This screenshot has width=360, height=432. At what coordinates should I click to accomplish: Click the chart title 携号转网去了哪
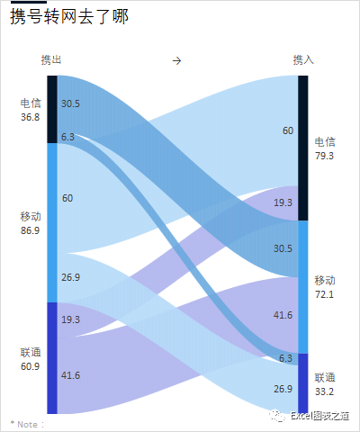pos(68,17)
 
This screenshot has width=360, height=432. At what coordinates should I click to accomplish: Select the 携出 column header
pos(51,59)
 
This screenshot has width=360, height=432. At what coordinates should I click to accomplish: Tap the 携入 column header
pos(303,59)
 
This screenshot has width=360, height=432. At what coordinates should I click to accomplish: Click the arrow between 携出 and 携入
pos(177,60)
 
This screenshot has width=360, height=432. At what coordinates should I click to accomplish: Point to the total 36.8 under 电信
pos(31,116)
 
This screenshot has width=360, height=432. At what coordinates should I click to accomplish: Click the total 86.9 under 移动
pos(31,230)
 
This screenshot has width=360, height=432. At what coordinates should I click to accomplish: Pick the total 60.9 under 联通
pos(31,366)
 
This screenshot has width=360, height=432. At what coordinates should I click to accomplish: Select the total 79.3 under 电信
pos(325,156)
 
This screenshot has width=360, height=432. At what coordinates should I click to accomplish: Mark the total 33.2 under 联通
pos(325,391)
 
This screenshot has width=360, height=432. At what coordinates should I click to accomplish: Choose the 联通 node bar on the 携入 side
pos(303,382)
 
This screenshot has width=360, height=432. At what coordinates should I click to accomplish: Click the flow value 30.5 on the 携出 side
pos(71,103)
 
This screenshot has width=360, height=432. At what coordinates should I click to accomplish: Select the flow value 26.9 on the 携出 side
pos(71,277)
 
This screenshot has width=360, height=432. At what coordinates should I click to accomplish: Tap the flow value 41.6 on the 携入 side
pos(283,314)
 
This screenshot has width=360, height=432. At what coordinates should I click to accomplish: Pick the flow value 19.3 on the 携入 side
pos(283,202)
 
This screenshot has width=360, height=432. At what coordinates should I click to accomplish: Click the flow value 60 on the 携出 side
pos(67,197)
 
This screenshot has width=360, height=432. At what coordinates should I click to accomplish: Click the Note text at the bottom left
pos(27,423)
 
